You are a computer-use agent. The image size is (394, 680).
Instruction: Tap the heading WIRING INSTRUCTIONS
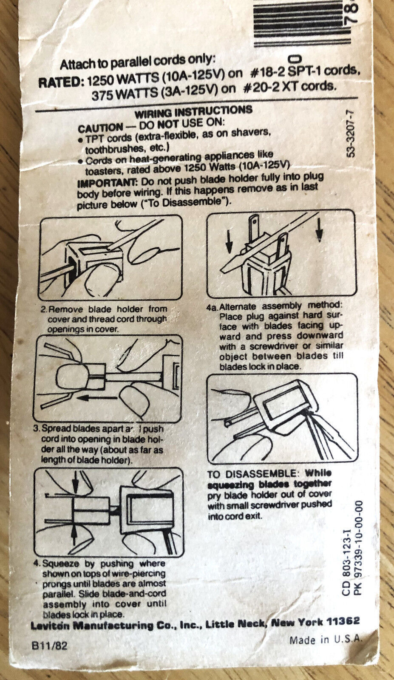pos(194,112)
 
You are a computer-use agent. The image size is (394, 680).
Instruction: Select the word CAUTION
pos(100,128)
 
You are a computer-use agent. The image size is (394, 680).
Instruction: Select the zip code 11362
pos(343,621)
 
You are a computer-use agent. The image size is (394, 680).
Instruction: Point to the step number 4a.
pos(212,307)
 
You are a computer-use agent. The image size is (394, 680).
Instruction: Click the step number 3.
pos(37,429)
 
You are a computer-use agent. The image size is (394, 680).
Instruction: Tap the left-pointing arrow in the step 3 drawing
pos(96,397)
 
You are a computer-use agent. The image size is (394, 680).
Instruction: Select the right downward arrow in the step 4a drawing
pos(319,229)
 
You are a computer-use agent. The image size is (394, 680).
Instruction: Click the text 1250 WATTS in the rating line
pos(123,79)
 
